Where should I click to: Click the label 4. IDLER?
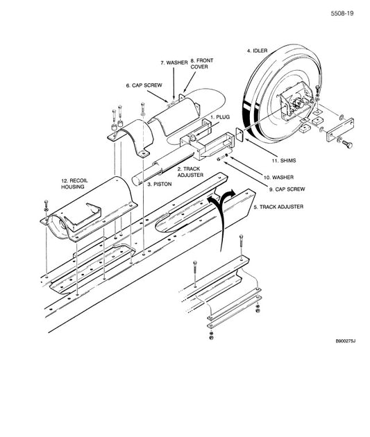click(258, 51)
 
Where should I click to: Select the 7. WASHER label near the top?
click(174, 63)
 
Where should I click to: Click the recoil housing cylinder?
click(90, 208)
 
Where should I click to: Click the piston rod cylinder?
click(163, 166)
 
